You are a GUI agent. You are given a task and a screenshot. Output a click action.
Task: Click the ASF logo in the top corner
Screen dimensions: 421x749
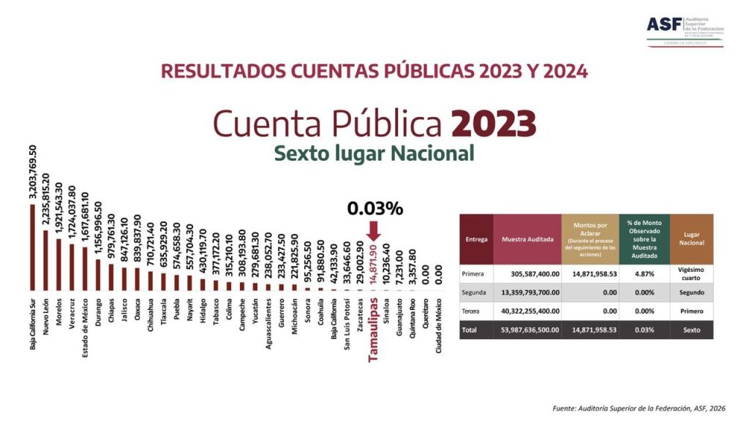(685, 29)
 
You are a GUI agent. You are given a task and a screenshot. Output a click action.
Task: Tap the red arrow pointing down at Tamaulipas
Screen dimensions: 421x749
(374, 231)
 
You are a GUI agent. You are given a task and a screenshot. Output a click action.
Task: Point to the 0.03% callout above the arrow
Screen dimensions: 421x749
(375, 208)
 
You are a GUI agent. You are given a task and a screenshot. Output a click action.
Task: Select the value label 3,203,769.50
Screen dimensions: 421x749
(32, 175)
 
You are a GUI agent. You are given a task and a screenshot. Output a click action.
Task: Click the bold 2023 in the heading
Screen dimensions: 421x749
(494, 124)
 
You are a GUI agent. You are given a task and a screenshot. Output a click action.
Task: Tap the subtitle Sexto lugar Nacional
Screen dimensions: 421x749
(374, 153)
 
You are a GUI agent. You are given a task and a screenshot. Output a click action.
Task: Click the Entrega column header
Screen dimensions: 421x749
(475, 238)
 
